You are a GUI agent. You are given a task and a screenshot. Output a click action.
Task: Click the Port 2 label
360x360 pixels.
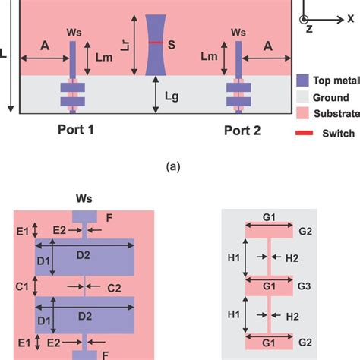(242, 130)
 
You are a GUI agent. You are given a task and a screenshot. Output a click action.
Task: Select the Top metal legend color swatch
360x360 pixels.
(303, 79)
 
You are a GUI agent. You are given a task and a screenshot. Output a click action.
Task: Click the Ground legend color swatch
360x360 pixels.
(303, 97)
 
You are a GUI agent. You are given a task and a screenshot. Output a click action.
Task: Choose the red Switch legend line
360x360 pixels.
(303, 133)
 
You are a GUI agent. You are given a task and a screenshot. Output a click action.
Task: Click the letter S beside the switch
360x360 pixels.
(172, 45)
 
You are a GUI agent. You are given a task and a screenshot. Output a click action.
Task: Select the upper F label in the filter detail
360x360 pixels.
(111, 217)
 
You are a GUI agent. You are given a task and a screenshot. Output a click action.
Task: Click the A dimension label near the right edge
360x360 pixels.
(267, 46)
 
